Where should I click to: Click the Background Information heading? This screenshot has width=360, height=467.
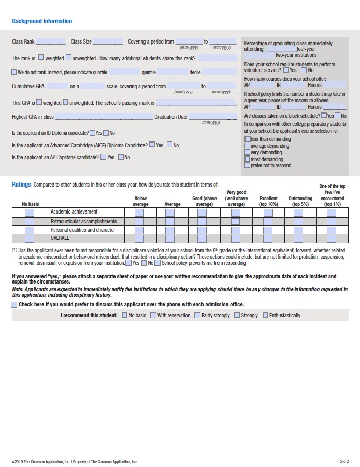tap(42, 21)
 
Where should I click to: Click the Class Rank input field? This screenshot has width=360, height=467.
tap(51, 41)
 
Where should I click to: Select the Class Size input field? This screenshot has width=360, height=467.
tap(108, 41)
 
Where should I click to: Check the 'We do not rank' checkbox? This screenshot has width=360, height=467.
tap(14, 72)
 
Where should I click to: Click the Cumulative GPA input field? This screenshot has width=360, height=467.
tap(57, 86)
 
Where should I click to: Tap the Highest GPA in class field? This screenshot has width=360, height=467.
tap(104, 117)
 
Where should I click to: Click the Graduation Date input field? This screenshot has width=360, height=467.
tap(212, 117)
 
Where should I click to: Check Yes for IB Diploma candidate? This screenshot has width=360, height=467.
tap(92, 133)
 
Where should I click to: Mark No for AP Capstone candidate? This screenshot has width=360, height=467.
tap(121, 157)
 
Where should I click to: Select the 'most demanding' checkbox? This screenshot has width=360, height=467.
tap(247, 159)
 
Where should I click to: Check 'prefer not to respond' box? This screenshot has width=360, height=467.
tap(247, 166)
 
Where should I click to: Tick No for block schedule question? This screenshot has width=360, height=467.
tap(337, 116)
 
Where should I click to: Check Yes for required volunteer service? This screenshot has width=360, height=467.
tap(286, 70)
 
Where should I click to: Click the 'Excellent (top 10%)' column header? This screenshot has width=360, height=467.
tap(268, 201)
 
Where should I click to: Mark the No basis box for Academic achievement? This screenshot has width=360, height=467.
tap(30, 213)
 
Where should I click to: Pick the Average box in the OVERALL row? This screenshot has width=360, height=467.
tap(170, 238)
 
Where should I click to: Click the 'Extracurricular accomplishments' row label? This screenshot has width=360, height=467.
tap(83, 221)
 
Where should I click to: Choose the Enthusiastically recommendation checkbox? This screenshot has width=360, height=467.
tap(266, 315)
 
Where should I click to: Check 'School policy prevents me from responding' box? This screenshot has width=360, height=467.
tap(157, 263)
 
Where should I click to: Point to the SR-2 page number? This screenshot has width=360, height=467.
tap(344, 460)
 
